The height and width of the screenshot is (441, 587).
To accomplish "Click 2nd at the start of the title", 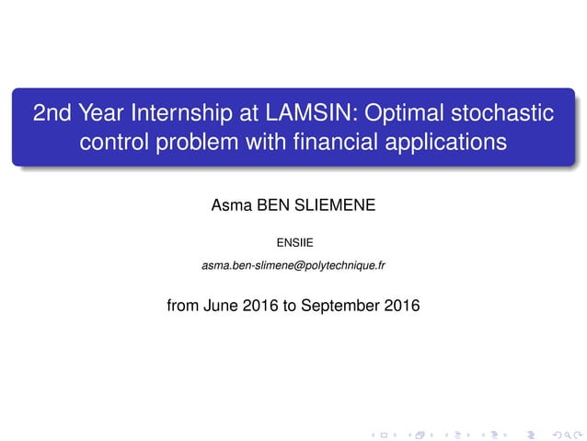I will coord(51,114).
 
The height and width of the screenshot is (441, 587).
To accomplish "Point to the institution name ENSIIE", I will coord(293,243).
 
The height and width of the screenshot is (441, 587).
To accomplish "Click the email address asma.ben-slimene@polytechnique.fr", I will coord(293,266).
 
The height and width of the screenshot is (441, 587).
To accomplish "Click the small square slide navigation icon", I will coord(384,431).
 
